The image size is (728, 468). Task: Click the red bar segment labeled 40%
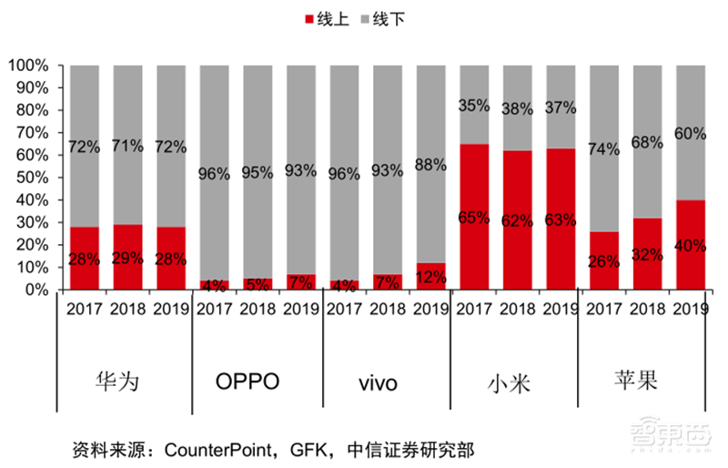pyautogui.click(x=690, y=245)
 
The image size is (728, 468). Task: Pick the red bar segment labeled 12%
pyautogui.click(x=430, y=277)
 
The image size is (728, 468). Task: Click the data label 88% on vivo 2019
pyautogui.click(x=430, y=165)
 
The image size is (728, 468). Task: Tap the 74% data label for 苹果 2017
pyautogui.click(x=604, y=149)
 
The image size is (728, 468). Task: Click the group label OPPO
pyautogui.click(x=247, y=381)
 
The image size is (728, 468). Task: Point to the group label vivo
pyautogui.click(x=376, y=382)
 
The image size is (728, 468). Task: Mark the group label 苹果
pyautogui.click(x=638, y=380)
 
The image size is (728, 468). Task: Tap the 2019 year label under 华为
pyautogui.click(x=170, y=308)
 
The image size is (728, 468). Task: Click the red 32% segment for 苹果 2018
pyautogui.click(x=648, y=254)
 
